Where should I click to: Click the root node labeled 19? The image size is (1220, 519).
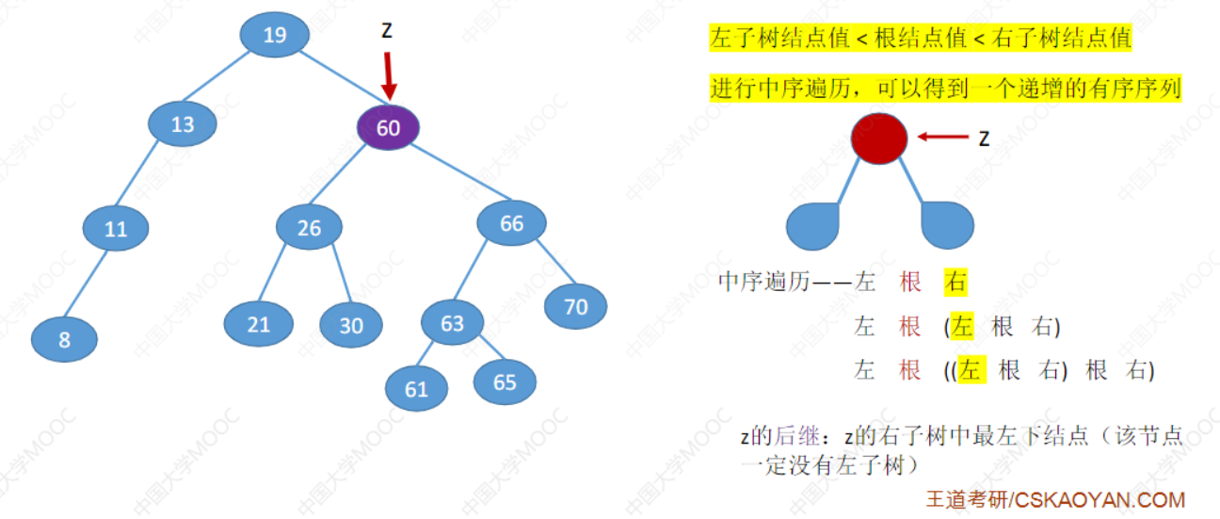(274, 36)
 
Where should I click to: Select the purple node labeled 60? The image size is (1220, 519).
(388, 127)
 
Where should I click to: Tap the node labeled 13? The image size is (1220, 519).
(183, 123)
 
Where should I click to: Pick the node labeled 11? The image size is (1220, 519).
(116, 229)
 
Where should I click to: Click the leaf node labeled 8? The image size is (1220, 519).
(64, 339)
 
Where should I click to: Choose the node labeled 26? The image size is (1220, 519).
(309, 227)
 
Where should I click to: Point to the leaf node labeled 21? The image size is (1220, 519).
(258, 324)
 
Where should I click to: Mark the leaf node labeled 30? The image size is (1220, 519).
(350, 325)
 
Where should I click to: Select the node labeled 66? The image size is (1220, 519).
(511, 223)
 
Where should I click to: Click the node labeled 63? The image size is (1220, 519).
(453, 323)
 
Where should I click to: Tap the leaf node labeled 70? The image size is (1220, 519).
(575, 306)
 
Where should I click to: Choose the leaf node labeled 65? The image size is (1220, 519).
(505, 381)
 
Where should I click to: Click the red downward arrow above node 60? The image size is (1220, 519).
(387, 75)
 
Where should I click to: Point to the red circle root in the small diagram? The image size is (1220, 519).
(879, 138)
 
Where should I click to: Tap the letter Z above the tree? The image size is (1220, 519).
(387, 30)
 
